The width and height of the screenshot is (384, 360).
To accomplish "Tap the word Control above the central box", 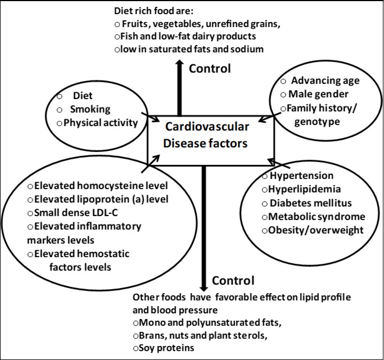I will point(210,69).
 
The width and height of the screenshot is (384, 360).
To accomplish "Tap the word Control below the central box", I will point(233,280).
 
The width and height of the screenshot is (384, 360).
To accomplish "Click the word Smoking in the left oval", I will point(90,109).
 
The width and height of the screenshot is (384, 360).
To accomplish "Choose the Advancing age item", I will point(325,81).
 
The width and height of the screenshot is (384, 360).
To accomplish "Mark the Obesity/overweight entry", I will point(317,230).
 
